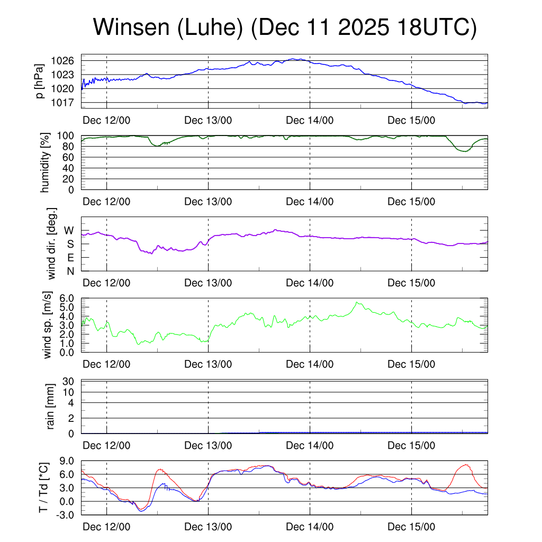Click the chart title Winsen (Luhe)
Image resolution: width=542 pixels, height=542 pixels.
(285, 28)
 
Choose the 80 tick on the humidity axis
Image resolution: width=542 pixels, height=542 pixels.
(71, 147)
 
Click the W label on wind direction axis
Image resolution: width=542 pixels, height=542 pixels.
(69, 230)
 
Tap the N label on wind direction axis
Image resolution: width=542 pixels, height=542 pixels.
(69, 272)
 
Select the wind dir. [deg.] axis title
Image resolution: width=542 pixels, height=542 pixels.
(52, 243)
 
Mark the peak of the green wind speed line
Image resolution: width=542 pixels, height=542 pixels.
(357, 302)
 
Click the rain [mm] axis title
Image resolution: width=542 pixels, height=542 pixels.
(51, 406)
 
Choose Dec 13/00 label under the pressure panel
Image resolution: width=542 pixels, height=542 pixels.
(208, 120)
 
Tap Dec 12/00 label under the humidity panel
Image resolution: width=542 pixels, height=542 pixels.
(106, 201)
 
